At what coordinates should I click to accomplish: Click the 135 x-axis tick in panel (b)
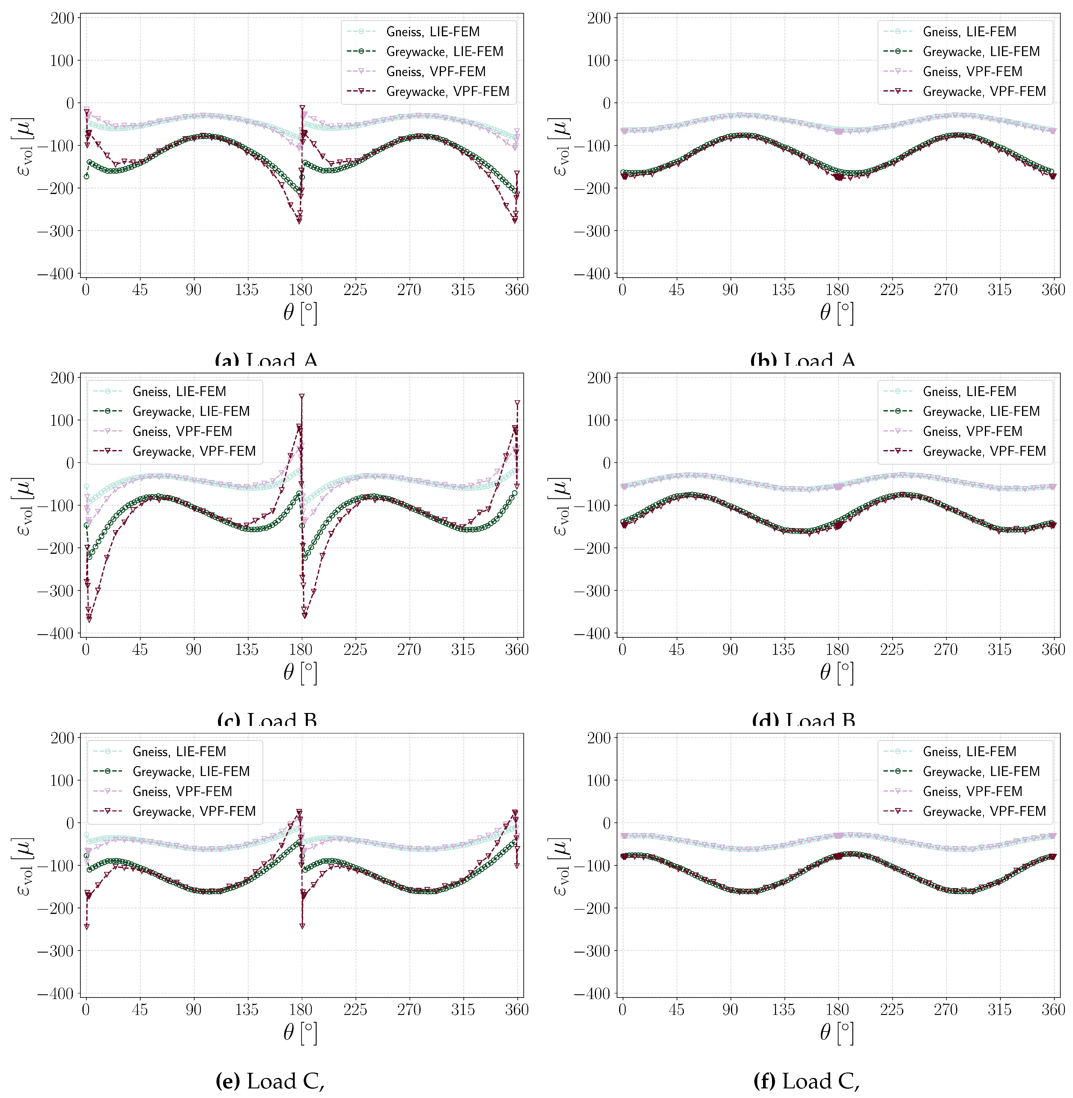pyautogui.click(x=783, y=290)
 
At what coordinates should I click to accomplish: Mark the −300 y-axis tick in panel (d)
pyautogui.click(x=592, y=591)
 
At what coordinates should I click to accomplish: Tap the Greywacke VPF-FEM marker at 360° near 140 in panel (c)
pyautogui.click(x=517, y=403)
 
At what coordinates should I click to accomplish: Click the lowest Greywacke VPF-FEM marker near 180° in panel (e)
pyautogui.click(x=302, y=926)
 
